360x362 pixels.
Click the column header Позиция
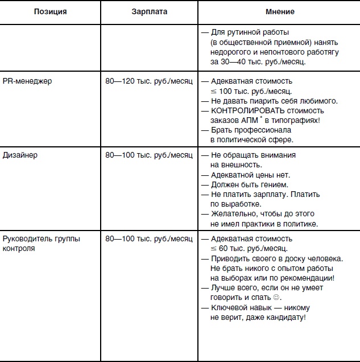(x=50, y=11)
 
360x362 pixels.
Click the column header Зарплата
(x=149, y=11)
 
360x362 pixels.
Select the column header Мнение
(x=280, y=11)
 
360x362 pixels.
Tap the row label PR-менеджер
(x=27, y=81)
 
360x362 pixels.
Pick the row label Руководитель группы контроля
(x=41, y=243)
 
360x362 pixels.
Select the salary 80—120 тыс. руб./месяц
(x=149, y=81)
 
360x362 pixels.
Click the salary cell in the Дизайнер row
(x=149, y=155)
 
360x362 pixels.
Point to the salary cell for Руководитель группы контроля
(x=149, y=238)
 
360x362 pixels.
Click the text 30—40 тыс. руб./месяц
(x=250, y=62)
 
